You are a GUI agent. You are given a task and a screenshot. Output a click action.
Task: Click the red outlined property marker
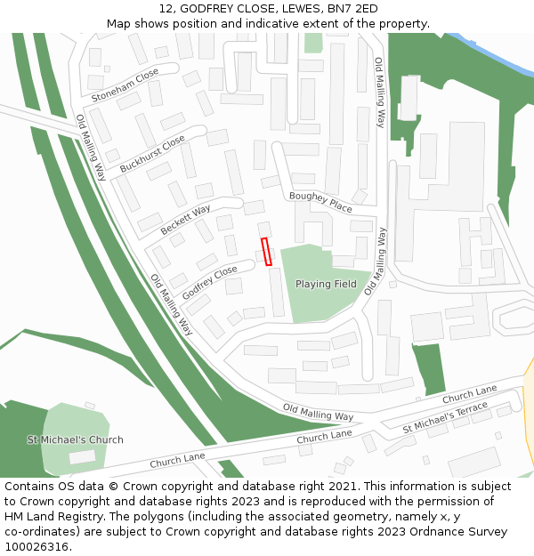coord(266,252)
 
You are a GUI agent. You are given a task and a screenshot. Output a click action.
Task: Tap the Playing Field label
coord(326,285)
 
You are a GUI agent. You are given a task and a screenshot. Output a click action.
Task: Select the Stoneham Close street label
coord(125,84)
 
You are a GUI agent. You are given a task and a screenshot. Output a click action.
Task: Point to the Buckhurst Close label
coord(152,153)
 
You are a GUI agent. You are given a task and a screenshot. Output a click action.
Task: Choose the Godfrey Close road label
coord(210,282)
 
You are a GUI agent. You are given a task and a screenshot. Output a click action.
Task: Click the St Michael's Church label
coord(76,439)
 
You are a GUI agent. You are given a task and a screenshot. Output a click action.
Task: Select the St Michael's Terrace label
coord(445,415)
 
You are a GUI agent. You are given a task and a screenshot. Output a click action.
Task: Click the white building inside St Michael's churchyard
coord(82,456)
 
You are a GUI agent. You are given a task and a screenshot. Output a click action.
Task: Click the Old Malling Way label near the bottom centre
coord(318,412)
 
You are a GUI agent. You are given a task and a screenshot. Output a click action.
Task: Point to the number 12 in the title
coord(166,9)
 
